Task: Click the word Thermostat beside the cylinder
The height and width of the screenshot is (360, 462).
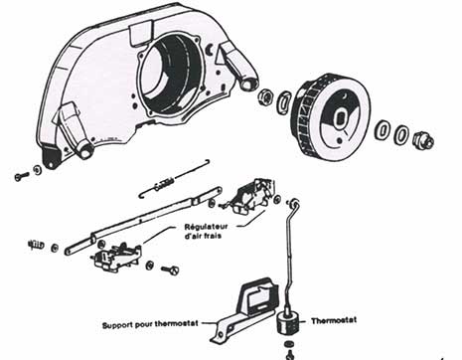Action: coord(334,320)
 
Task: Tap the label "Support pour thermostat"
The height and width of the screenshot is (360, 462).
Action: coord(150,324)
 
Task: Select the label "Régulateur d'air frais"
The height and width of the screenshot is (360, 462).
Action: coord(206,232)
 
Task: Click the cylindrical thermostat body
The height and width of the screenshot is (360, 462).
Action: coord(287,323)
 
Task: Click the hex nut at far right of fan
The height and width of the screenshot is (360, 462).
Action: coord(423,140)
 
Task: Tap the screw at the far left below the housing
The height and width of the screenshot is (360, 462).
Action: coord(22,176)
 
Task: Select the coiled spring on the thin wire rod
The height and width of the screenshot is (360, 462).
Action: coord(163,183)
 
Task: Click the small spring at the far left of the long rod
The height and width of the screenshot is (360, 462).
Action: coord(37,245)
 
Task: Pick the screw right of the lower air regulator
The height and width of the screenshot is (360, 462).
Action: coord(170,270)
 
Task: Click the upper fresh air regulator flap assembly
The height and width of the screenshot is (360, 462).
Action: coord(251,196)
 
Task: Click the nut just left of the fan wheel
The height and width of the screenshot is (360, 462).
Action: coord(266,97)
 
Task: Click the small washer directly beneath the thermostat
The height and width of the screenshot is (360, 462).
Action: coord(289,343)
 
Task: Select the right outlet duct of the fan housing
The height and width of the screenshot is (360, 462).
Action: coord(238,65)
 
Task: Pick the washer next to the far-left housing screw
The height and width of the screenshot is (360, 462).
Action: coord(38,170)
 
